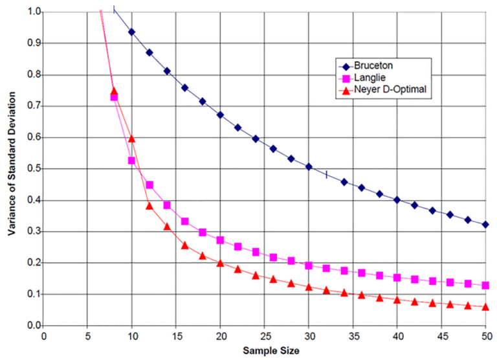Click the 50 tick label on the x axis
tap(485, 337)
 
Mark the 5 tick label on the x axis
tap(87, 337)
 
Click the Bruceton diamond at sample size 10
tap(132, 32)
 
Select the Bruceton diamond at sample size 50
tap(485, 224)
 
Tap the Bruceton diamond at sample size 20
tap(220, 115)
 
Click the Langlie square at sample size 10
tap(132, 160)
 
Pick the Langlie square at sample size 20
tap(220, 240)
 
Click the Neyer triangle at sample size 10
tap(132, 138)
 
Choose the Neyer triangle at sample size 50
tap(485, 306)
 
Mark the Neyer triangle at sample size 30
tap(309, 286)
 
